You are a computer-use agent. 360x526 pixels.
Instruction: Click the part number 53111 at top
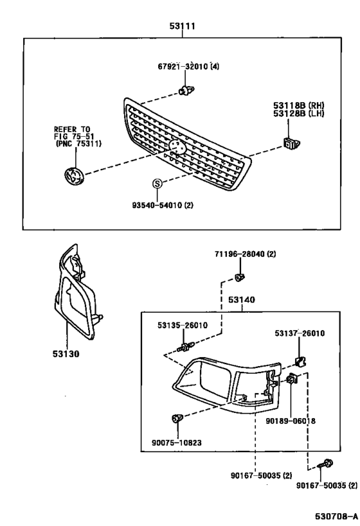pyautogui.click(x=182, y=26)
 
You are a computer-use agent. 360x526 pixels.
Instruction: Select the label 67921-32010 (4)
pyautogui.click(x=188, y=66)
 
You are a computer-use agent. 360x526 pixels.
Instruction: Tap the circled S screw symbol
pyautogui.click(x=157, y=184)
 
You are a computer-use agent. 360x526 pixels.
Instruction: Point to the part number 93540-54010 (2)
pyautogui.click(x=163, y=205)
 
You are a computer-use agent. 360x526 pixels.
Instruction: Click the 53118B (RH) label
pyautogui.click(x=298, y=105)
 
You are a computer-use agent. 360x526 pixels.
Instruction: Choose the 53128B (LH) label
pyautogui.click(x=298, y=114)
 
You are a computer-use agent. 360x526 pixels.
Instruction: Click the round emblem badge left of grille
pyautogui.click(x=73, y=175)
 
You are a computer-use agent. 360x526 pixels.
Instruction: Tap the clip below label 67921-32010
pyautogui.click(x=186, y=90)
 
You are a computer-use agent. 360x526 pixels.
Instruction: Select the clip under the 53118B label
pyautogui.click(x=291, y=143)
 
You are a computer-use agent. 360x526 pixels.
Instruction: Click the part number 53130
pyautogui.click(x=66, y=354)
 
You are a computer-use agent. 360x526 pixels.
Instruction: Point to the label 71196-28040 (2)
pyautogui.click(x=245, y=254)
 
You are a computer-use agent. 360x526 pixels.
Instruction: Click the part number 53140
pyautogui.click(x=242, y=299)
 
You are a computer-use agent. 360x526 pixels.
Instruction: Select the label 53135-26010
pyautogui.click(x=183, y=325)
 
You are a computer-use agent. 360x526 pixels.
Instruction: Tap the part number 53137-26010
pyautogui.click(x=300, y=333)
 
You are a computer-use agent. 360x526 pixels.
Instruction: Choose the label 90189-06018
pyautogui.click(x=291, y=421)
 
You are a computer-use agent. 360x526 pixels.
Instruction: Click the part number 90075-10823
pyautogui.click(x=177, y=443)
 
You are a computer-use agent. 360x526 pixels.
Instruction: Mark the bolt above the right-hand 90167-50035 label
pyautogui.click(x=325, y=465)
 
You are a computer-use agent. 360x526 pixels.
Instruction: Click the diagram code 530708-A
pyautogui.click(x=336, y=516)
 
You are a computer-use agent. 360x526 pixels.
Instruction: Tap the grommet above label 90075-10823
pyautogui.click(x=177, y=418)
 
